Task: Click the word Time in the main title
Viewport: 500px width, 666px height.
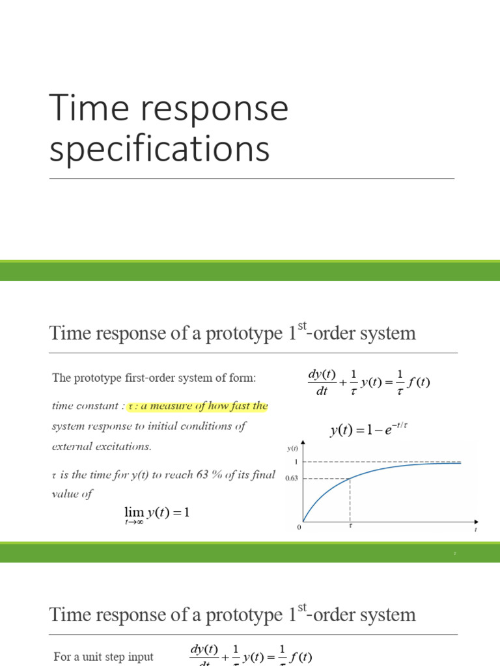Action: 85,109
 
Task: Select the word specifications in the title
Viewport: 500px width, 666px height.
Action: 160,149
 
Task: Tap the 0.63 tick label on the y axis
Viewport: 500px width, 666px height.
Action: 292,479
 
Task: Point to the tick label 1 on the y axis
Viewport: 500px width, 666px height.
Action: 296,462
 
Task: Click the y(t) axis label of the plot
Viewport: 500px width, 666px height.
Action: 292,448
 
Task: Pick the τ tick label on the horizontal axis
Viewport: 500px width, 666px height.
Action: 351,527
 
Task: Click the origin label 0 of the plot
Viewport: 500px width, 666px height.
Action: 299,527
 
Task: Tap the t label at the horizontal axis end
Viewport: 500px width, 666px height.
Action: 475,529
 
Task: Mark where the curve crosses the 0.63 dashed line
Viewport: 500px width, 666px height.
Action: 350,479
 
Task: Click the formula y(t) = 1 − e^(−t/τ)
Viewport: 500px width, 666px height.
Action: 372,430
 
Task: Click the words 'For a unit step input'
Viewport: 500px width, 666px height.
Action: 104,657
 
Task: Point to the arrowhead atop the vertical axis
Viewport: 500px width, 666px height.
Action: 304,447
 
